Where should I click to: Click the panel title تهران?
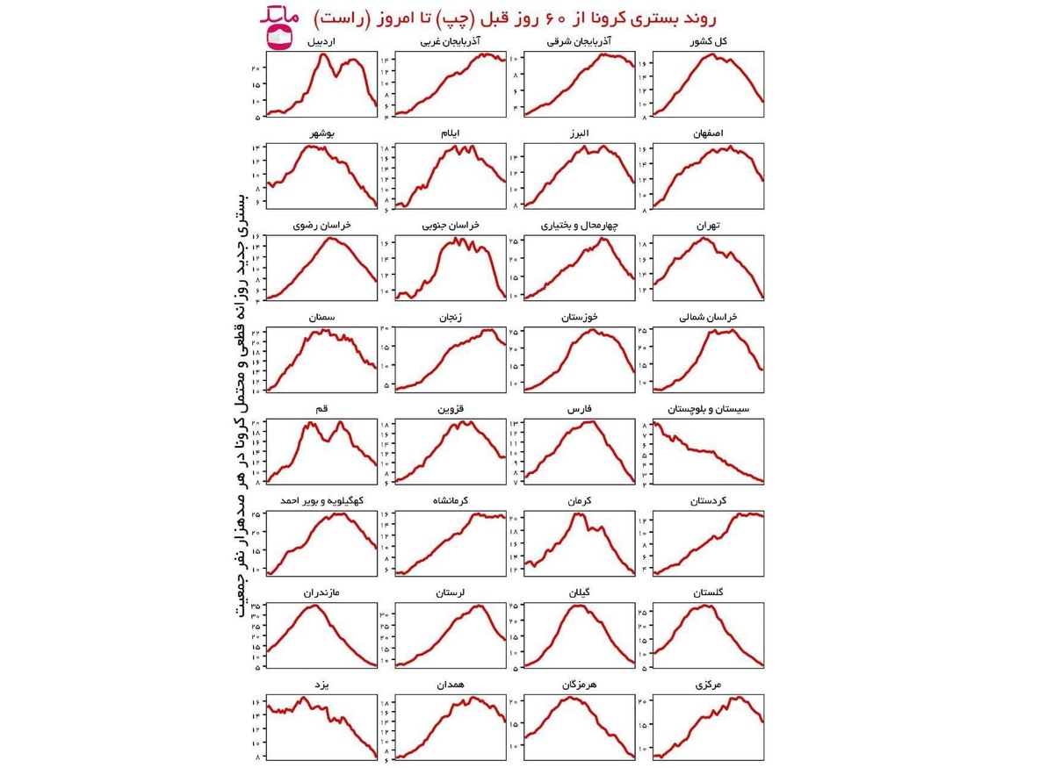click(708, 226)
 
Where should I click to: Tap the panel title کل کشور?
click(709, 41)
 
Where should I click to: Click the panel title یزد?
click(321, 684)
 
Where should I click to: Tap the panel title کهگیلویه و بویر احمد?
click(321, 501)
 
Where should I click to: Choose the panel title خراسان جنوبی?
click(451, 226)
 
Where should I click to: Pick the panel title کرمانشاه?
click(451, 501)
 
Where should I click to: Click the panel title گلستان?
click(708, 592)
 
